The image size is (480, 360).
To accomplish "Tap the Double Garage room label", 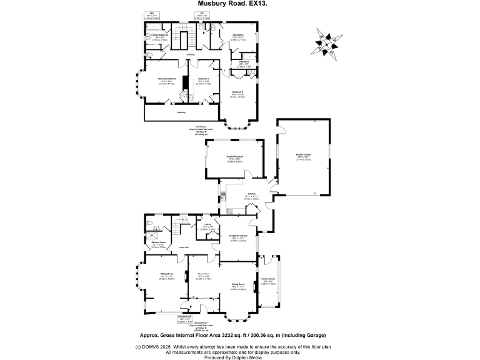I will coord(303,156).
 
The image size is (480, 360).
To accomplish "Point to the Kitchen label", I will coord(251,194).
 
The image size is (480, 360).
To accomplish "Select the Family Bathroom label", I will coord(160,34).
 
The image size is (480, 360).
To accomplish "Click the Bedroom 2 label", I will coord(237,91).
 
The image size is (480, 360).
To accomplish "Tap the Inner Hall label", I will coord(184,248).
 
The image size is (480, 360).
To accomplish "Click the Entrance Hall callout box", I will coord(184,319).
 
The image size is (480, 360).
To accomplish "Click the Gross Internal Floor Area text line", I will coord(239,333).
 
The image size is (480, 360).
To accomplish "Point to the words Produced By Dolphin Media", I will coord(239,357).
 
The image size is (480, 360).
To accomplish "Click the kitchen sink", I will coord(223,194).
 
